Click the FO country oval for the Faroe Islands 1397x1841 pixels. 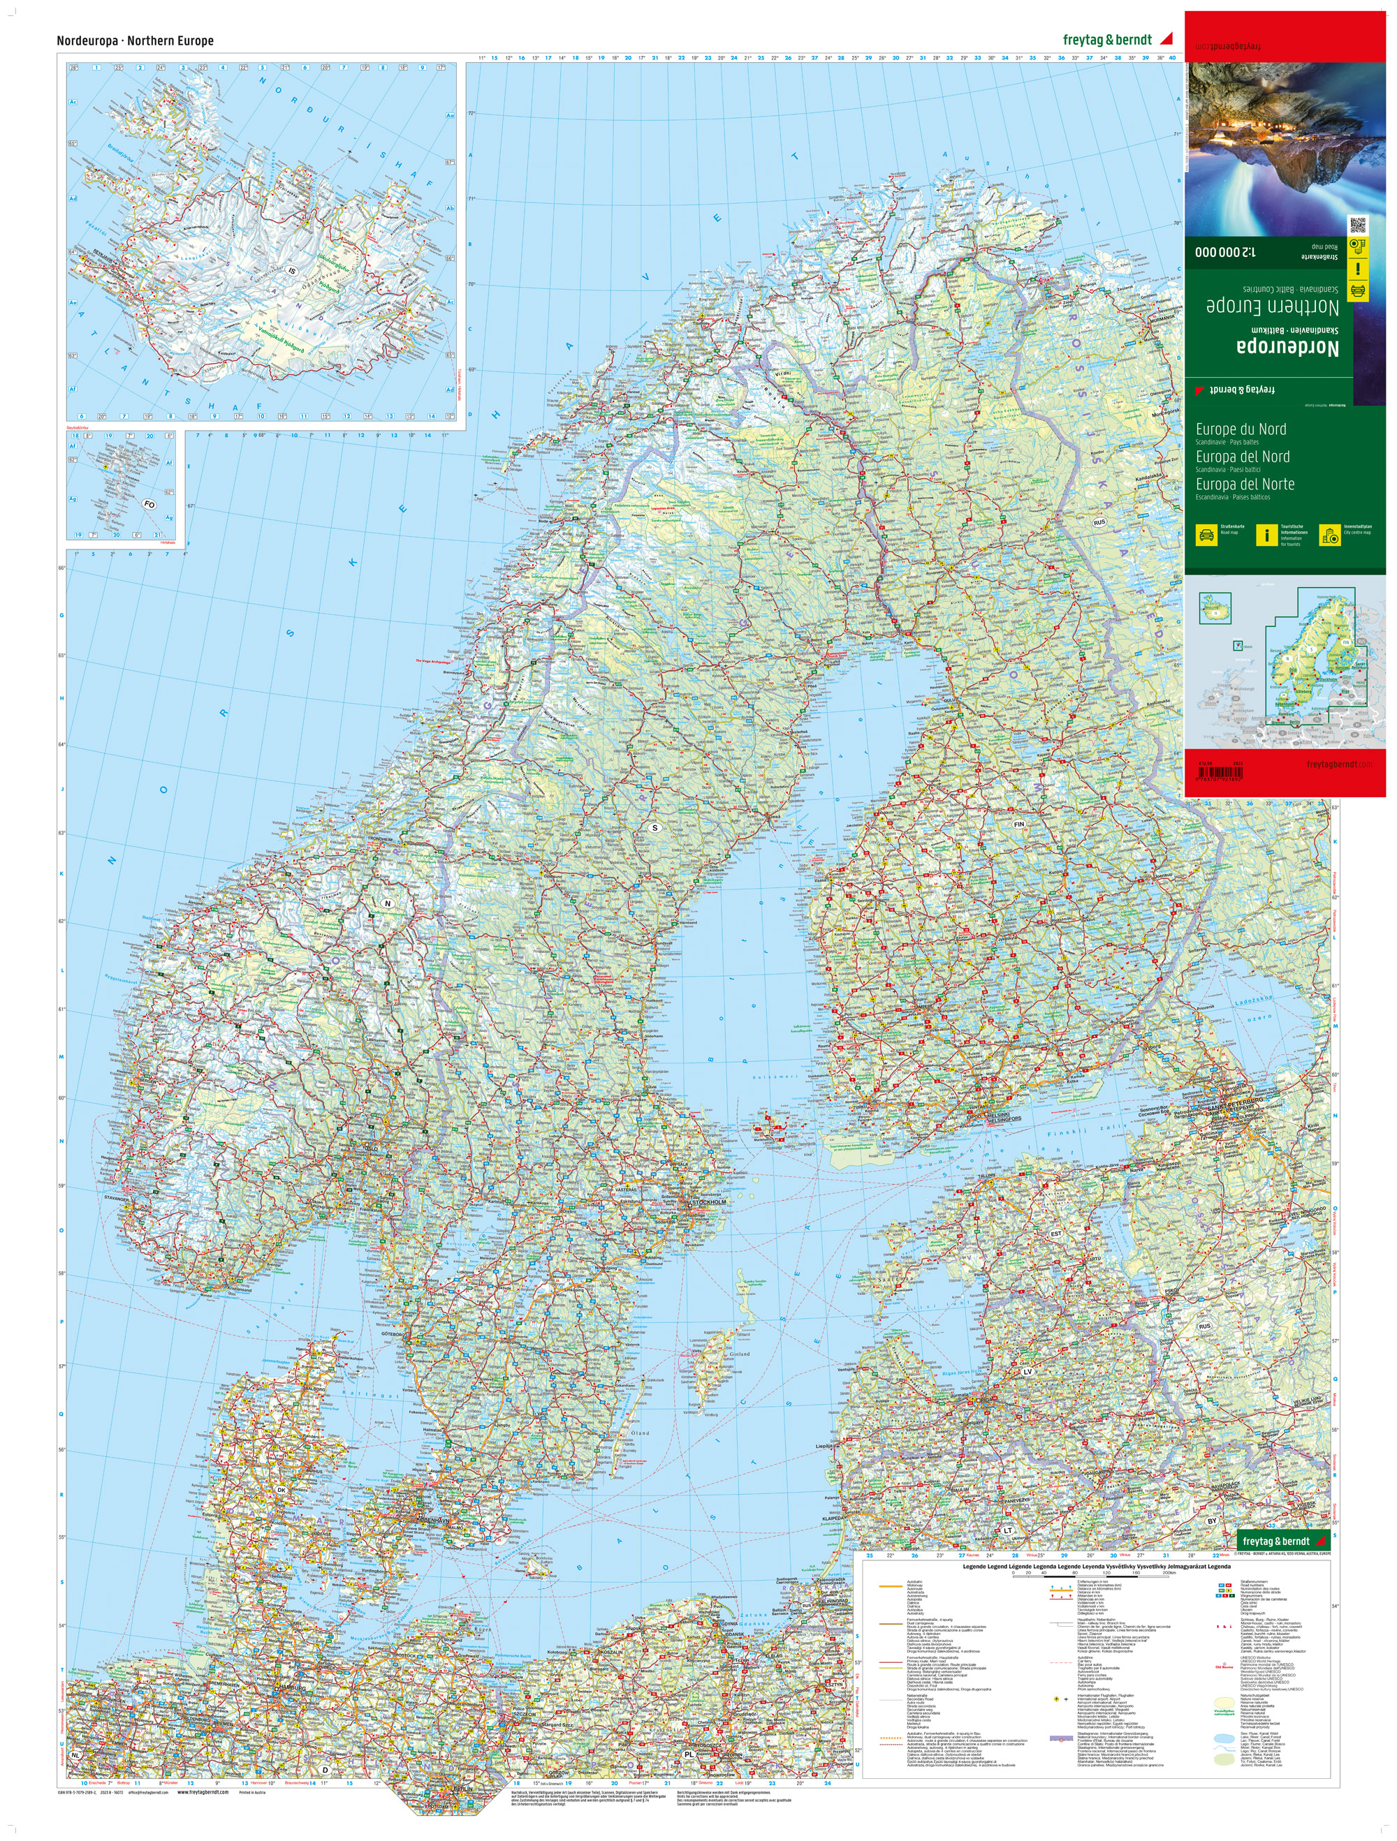[149, 504]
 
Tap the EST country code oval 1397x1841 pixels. [1055, 1234]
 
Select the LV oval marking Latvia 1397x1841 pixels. [1027, 1370]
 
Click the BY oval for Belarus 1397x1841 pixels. [1212, 1521]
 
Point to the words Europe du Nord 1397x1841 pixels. [1241, 429]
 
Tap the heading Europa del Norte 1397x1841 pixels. [1245, 485]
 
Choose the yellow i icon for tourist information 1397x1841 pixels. [1266, 535]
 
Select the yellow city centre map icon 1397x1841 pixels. [1329, 535]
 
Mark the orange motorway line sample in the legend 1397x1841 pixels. [892, 1586]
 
